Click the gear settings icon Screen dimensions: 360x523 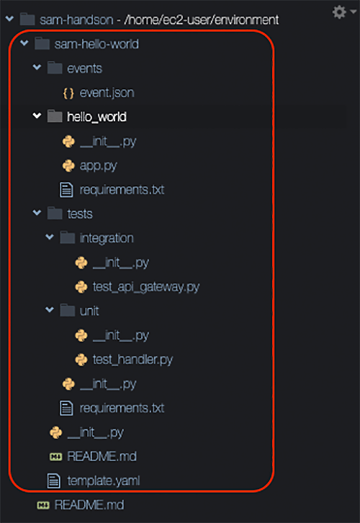pos(339,12)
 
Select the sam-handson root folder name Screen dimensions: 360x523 pos(76,20)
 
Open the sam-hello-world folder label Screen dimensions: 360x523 pos(96,44)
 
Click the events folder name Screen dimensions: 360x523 pos(84,68)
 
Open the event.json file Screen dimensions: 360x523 pos(107,93)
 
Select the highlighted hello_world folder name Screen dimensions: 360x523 pos(97,117)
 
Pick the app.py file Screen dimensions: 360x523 pos(98,165)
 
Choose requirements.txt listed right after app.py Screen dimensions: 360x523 pos(122,190)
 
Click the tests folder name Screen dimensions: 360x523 pos(80,214)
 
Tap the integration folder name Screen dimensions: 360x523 pos(107,238)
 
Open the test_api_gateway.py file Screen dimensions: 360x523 pos(146,287)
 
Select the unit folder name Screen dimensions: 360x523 pos(89,311)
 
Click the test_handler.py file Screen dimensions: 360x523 pos(132,360)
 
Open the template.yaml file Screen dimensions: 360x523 pos(104,481)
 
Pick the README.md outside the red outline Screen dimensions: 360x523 pos(89,505)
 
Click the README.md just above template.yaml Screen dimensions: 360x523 pos(102,456)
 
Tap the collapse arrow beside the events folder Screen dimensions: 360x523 pos(37,68)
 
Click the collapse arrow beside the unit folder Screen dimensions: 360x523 pos(50,310)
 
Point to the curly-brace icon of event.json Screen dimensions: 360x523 pos(68,93)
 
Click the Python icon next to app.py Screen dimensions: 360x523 pos(68,165)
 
